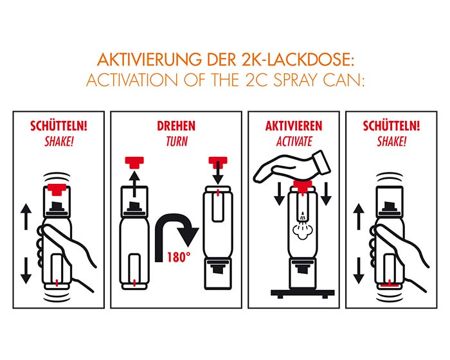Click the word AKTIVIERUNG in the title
coord(149,60)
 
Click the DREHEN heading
coord(176,126)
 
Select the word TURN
coord(177,141)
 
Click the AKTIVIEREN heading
coord(294,126)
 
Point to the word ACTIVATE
coord(294,141)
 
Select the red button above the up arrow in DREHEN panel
coord(134,163)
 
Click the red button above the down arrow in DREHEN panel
coord(218,161)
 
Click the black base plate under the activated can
coord(303,293)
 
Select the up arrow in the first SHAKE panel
coord(26,217)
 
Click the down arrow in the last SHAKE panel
coord(359,271)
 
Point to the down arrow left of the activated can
coord(279,194)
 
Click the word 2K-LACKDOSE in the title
coord(295,60)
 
